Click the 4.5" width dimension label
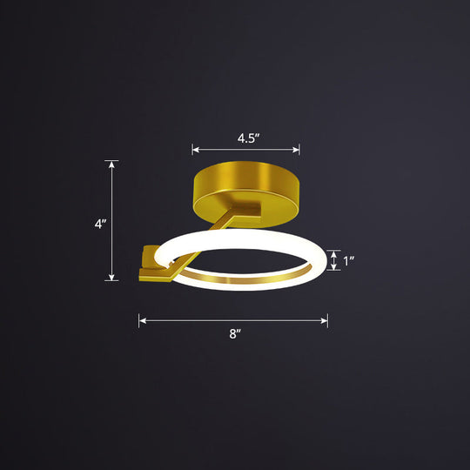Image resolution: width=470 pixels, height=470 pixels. click(246, 138)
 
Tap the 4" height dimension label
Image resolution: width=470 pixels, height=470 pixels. click(101, 223)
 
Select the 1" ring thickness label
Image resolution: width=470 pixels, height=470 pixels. click(349, 259)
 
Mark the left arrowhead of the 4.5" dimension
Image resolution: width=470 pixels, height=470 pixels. click(195, 149)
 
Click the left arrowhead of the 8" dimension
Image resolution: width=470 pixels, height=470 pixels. click(141, 321)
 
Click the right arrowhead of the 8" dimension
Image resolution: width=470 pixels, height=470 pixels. click(326, 321)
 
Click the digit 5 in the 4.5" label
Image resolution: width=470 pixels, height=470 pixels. click(252, 138)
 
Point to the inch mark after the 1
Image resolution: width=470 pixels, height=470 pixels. click(353, 258)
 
